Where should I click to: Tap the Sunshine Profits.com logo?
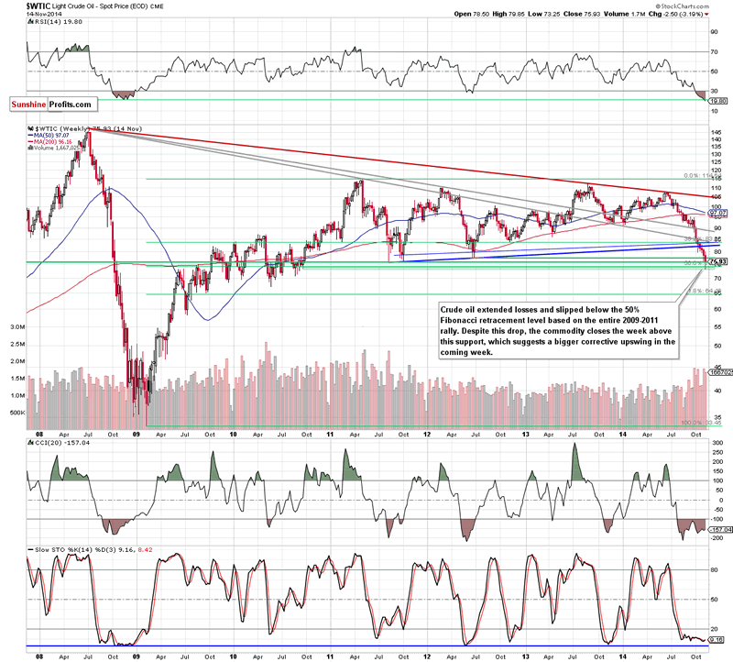pos(51,105)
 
